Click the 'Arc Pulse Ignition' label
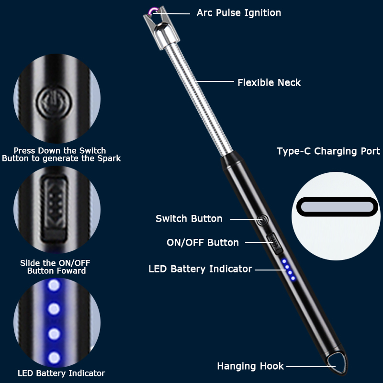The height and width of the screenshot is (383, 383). (x=238, y=13)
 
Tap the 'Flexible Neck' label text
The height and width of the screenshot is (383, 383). (x=269, y=82)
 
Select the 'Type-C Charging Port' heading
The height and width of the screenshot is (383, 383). (x=328, y=151)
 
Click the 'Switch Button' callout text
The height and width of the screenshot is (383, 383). (x=189, y=219)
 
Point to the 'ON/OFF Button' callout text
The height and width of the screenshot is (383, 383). (x=203, y=243)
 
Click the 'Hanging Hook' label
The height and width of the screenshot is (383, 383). (x=250, y=366)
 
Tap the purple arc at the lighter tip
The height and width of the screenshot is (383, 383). (x=153, y=11)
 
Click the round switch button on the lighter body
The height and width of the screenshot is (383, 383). (x=263, y=220)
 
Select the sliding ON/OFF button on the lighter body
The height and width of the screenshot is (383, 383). (x=275, y=244)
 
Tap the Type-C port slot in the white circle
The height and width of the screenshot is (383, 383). (x=337, y=207)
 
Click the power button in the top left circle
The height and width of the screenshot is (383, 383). (x=54, y=102)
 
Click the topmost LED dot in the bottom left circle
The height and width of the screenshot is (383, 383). (x=54, y=285)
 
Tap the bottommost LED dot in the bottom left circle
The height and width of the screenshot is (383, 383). (x=54, y=358)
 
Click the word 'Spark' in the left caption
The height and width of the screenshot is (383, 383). (x=109, y=158)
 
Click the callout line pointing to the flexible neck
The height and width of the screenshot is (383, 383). (x=214, y=81)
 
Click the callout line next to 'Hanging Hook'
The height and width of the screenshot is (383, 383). (x=311, y=366)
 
